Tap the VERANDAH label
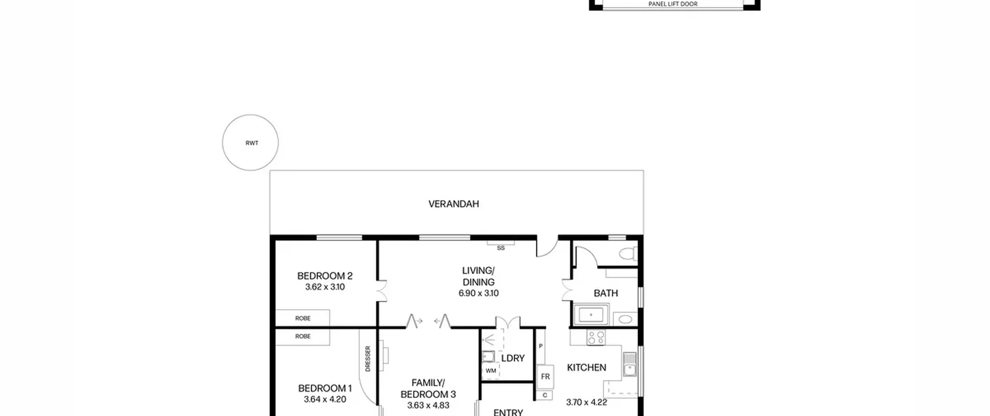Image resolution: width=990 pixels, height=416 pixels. [454, 204]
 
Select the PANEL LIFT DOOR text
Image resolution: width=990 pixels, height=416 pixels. [673, 4]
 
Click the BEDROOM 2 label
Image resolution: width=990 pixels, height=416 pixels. [325, 276]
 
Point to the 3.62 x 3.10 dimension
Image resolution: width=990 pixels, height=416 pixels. [325, 287]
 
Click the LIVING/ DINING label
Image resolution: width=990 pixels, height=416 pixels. [478, 276]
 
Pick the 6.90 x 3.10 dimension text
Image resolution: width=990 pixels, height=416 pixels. [478, 293]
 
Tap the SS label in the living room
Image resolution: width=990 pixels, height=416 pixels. [501, 248]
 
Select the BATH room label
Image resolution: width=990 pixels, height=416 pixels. [606, 293]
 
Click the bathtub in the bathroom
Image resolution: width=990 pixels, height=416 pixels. [591, 315]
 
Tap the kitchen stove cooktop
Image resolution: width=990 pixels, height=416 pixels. [596, 337]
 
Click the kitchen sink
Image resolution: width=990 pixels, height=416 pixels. [630, 365]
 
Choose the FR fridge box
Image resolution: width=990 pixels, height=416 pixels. [545, 377]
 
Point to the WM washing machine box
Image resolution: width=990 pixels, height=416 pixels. [491, 371]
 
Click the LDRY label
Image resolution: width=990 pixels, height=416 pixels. [513, 358]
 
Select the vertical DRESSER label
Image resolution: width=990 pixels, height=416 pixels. [368, 359]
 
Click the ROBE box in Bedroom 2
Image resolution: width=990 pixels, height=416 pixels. [302, 318]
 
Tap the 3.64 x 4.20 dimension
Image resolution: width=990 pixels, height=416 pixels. [325, 399]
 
